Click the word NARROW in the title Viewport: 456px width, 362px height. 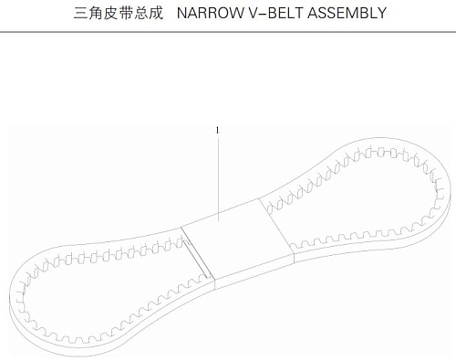click(210, 13)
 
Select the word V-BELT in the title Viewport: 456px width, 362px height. click(275, 13)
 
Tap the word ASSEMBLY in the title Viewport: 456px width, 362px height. click(347, 13)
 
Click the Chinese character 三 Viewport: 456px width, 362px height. click(80, 13)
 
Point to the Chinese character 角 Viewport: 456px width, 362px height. click(96, 13)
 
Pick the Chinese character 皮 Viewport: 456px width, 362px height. click(110, 13)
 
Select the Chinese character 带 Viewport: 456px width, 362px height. click(126, 13)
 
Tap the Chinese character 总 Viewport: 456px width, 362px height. click(140, 13)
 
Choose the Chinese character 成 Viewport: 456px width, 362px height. click(156, 13)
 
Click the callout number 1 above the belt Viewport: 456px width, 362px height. click(217, 131)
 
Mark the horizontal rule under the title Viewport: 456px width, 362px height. click(228, 32)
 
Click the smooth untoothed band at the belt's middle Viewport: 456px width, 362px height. click(238, 240)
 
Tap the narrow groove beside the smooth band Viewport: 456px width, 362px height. click(197, 259)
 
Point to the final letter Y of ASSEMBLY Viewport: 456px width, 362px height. click(381, 13)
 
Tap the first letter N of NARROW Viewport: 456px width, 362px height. click(181, 13)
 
